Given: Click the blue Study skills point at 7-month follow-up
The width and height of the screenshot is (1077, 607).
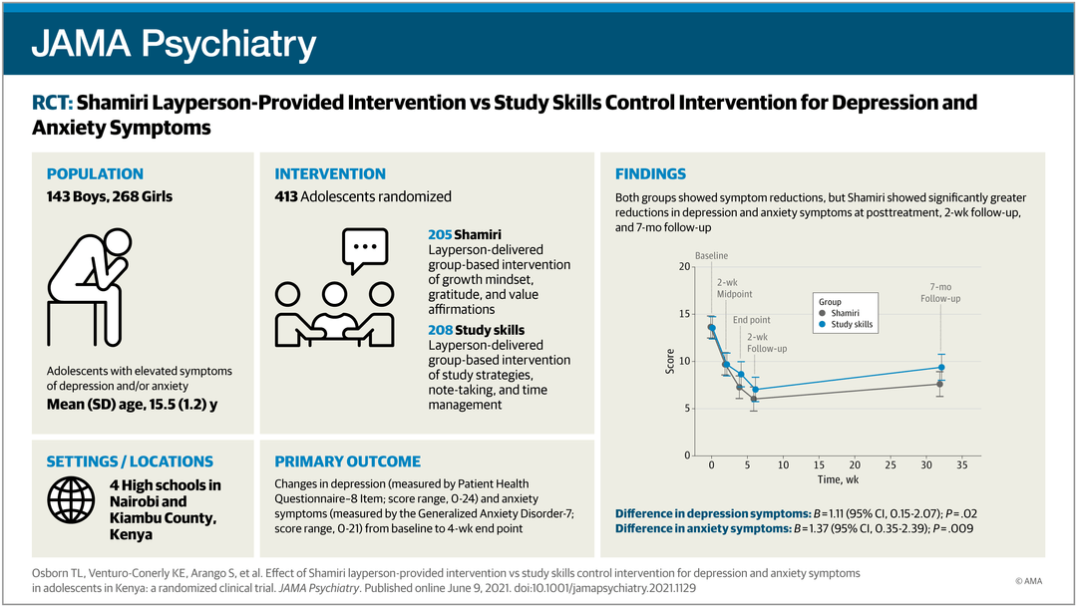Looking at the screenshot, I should click(940, 368).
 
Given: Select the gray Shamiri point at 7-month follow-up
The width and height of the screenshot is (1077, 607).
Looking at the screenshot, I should click(940, 384).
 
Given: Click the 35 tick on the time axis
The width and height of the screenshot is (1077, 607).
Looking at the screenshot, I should click(961, 465).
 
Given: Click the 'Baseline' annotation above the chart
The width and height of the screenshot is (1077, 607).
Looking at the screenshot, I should click(711, 256).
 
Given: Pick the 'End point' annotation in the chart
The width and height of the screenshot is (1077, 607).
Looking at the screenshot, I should click(752, 320).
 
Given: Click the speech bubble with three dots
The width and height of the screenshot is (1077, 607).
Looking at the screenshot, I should click(365, 249).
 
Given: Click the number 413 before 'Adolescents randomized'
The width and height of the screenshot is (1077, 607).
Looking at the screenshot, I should click(289, 196).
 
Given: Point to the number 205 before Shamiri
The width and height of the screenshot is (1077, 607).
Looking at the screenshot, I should click(440, 235).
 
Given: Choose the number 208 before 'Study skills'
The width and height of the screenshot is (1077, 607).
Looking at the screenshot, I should click(440, 330).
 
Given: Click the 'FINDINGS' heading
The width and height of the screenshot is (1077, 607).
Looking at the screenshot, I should click(650, 174).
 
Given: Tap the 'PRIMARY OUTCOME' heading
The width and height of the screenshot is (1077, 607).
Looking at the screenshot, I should click(347, 461).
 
